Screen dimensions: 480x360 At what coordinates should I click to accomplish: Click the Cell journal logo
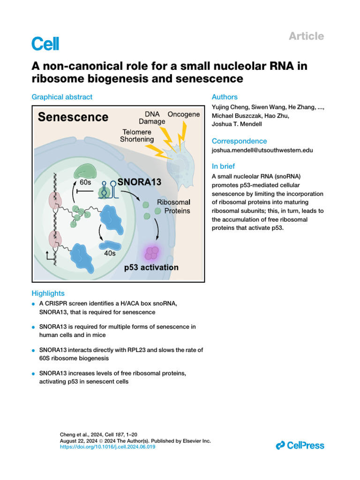45,44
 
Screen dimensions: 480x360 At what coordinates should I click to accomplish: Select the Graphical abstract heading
62,97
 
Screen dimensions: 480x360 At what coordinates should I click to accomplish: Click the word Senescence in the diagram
73,117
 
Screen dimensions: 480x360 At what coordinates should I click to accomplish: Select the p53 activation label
150,268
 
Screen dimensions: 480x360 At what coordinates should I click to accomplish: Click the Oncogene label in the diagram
183,115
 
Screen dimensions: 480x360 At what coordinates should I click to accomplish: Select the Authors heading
225,97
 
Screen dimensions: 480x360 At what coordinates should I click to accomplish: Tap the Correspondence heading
239,141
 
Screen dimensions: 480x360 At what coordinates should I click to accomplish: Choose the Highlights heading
48,293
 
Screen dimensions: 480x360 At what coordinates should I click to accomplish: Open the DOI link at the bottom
108,447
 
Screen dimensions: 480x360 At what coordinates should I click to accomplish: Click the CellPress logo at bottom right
300,445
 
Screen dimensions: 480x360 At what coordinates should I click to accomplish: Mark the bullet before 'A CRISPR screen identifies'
34,304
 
